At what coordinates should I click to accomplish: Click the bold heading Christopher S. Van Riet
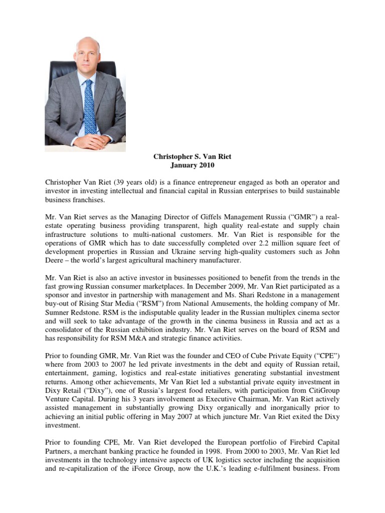[192, 157]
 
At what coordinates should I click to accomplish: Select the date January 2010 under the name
[192, 165]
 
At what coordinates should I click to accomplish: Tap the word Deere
[56, 261]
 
